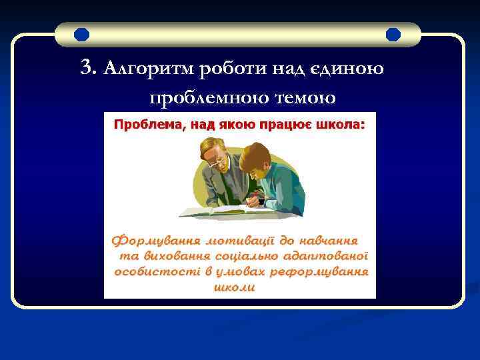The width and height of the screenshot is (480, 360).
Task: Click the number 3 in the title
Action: click(85, 67)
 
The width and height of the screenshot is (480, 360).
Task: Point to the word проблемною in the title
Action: click(204, 97)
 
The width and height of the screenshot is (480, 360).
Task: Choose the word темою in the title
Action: click(300, 97)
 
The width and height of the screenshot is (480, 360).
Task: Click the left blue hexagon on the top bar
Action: click(82, 34)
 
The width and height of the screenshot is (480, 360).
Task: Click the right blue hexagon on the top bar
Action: click(393, 34)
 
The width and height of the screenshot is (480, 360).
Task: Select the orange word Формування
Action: click(153, 239)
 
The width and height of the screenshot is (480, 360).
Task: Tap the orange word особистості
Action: click(149, 271)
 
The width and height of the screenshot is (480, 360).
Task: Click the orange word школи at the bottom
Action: click(233, 287)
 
